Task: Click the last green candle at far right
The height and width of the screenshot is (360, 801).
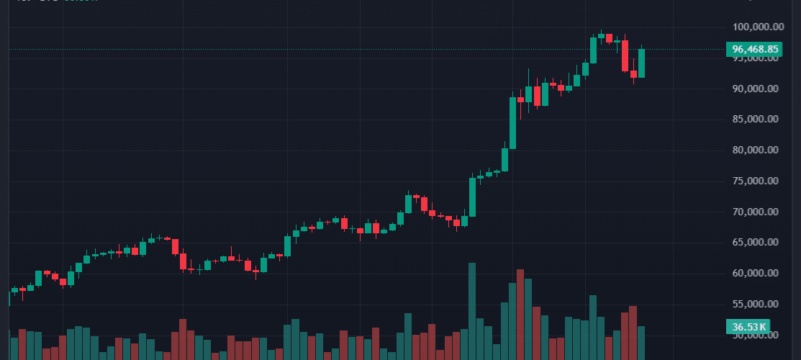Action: click(x=641, y=63)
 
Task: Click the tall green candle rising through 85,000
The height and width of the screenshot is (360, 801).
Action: click(x=513, y=122)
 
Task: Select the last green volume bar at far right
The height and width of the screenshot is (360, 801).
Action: click(x=641, y=343)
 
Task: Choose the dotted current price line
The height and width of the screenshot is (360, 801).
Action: click(x=360, y=49)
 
